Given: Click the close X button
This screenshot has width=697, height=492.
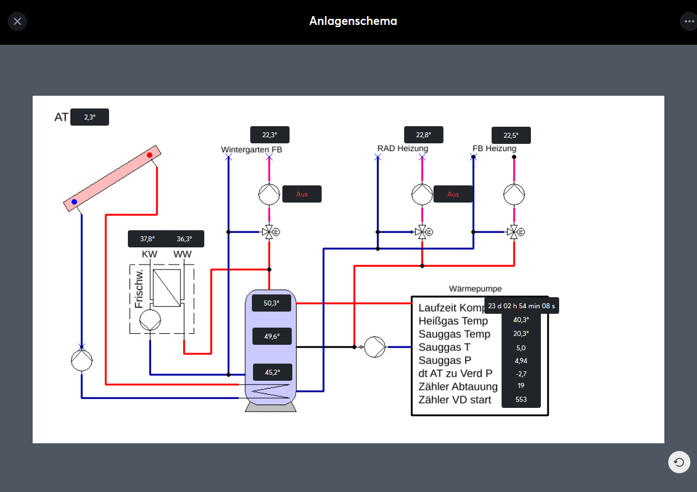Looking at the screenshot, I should point(18,22).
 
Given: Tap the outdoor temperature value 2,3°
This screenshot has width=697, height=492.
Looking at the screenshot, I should point(90,117).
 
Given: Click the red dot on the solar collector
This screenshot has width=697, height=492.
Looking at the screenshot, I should point(149,156).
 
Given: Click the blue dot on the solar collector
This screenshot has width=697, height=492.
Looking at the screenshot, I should point(74,202).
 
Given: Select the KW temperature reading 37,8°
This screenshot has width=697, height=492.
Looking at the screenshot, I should point(147,239).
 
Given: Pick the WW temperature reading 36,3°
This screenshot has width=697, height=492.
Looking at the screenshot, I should point(184,239).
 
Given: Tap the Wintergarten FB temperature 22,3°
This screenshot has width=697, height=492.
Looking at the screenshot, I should point(270,135).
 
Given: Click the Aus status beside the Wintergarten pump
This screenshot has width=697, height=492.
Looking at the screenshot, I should point(302,194).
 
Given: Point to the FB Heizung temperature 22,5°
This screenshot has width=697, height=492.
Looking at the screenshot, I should point(511,136).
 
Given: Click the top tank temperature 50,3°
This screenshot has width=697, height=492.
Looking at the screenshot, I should point(271,303).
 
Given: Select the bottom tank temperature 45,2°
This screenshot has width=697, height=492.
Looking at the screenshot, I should point(272,372).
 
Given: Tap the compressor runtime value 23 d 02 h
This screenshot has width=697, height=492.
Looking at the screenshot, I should point(521,305).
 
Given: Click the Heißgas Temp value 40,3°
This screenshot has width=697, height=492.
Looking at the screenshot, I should point(521,320).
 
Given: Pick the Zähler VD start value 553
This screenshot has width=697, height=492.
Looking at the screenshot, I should point(521,399).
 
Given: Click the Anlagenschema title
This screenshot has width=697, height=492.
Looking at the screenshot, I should point(353,22).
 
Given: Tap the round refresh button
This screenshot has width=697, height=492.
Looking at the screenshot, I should point(679,462).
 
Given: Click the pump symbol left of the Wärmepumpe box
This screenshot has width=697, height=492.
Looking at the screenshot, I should point(375,347).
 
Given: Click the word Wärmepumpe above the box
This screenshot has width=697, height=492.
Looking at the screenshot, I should point(476,289).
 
